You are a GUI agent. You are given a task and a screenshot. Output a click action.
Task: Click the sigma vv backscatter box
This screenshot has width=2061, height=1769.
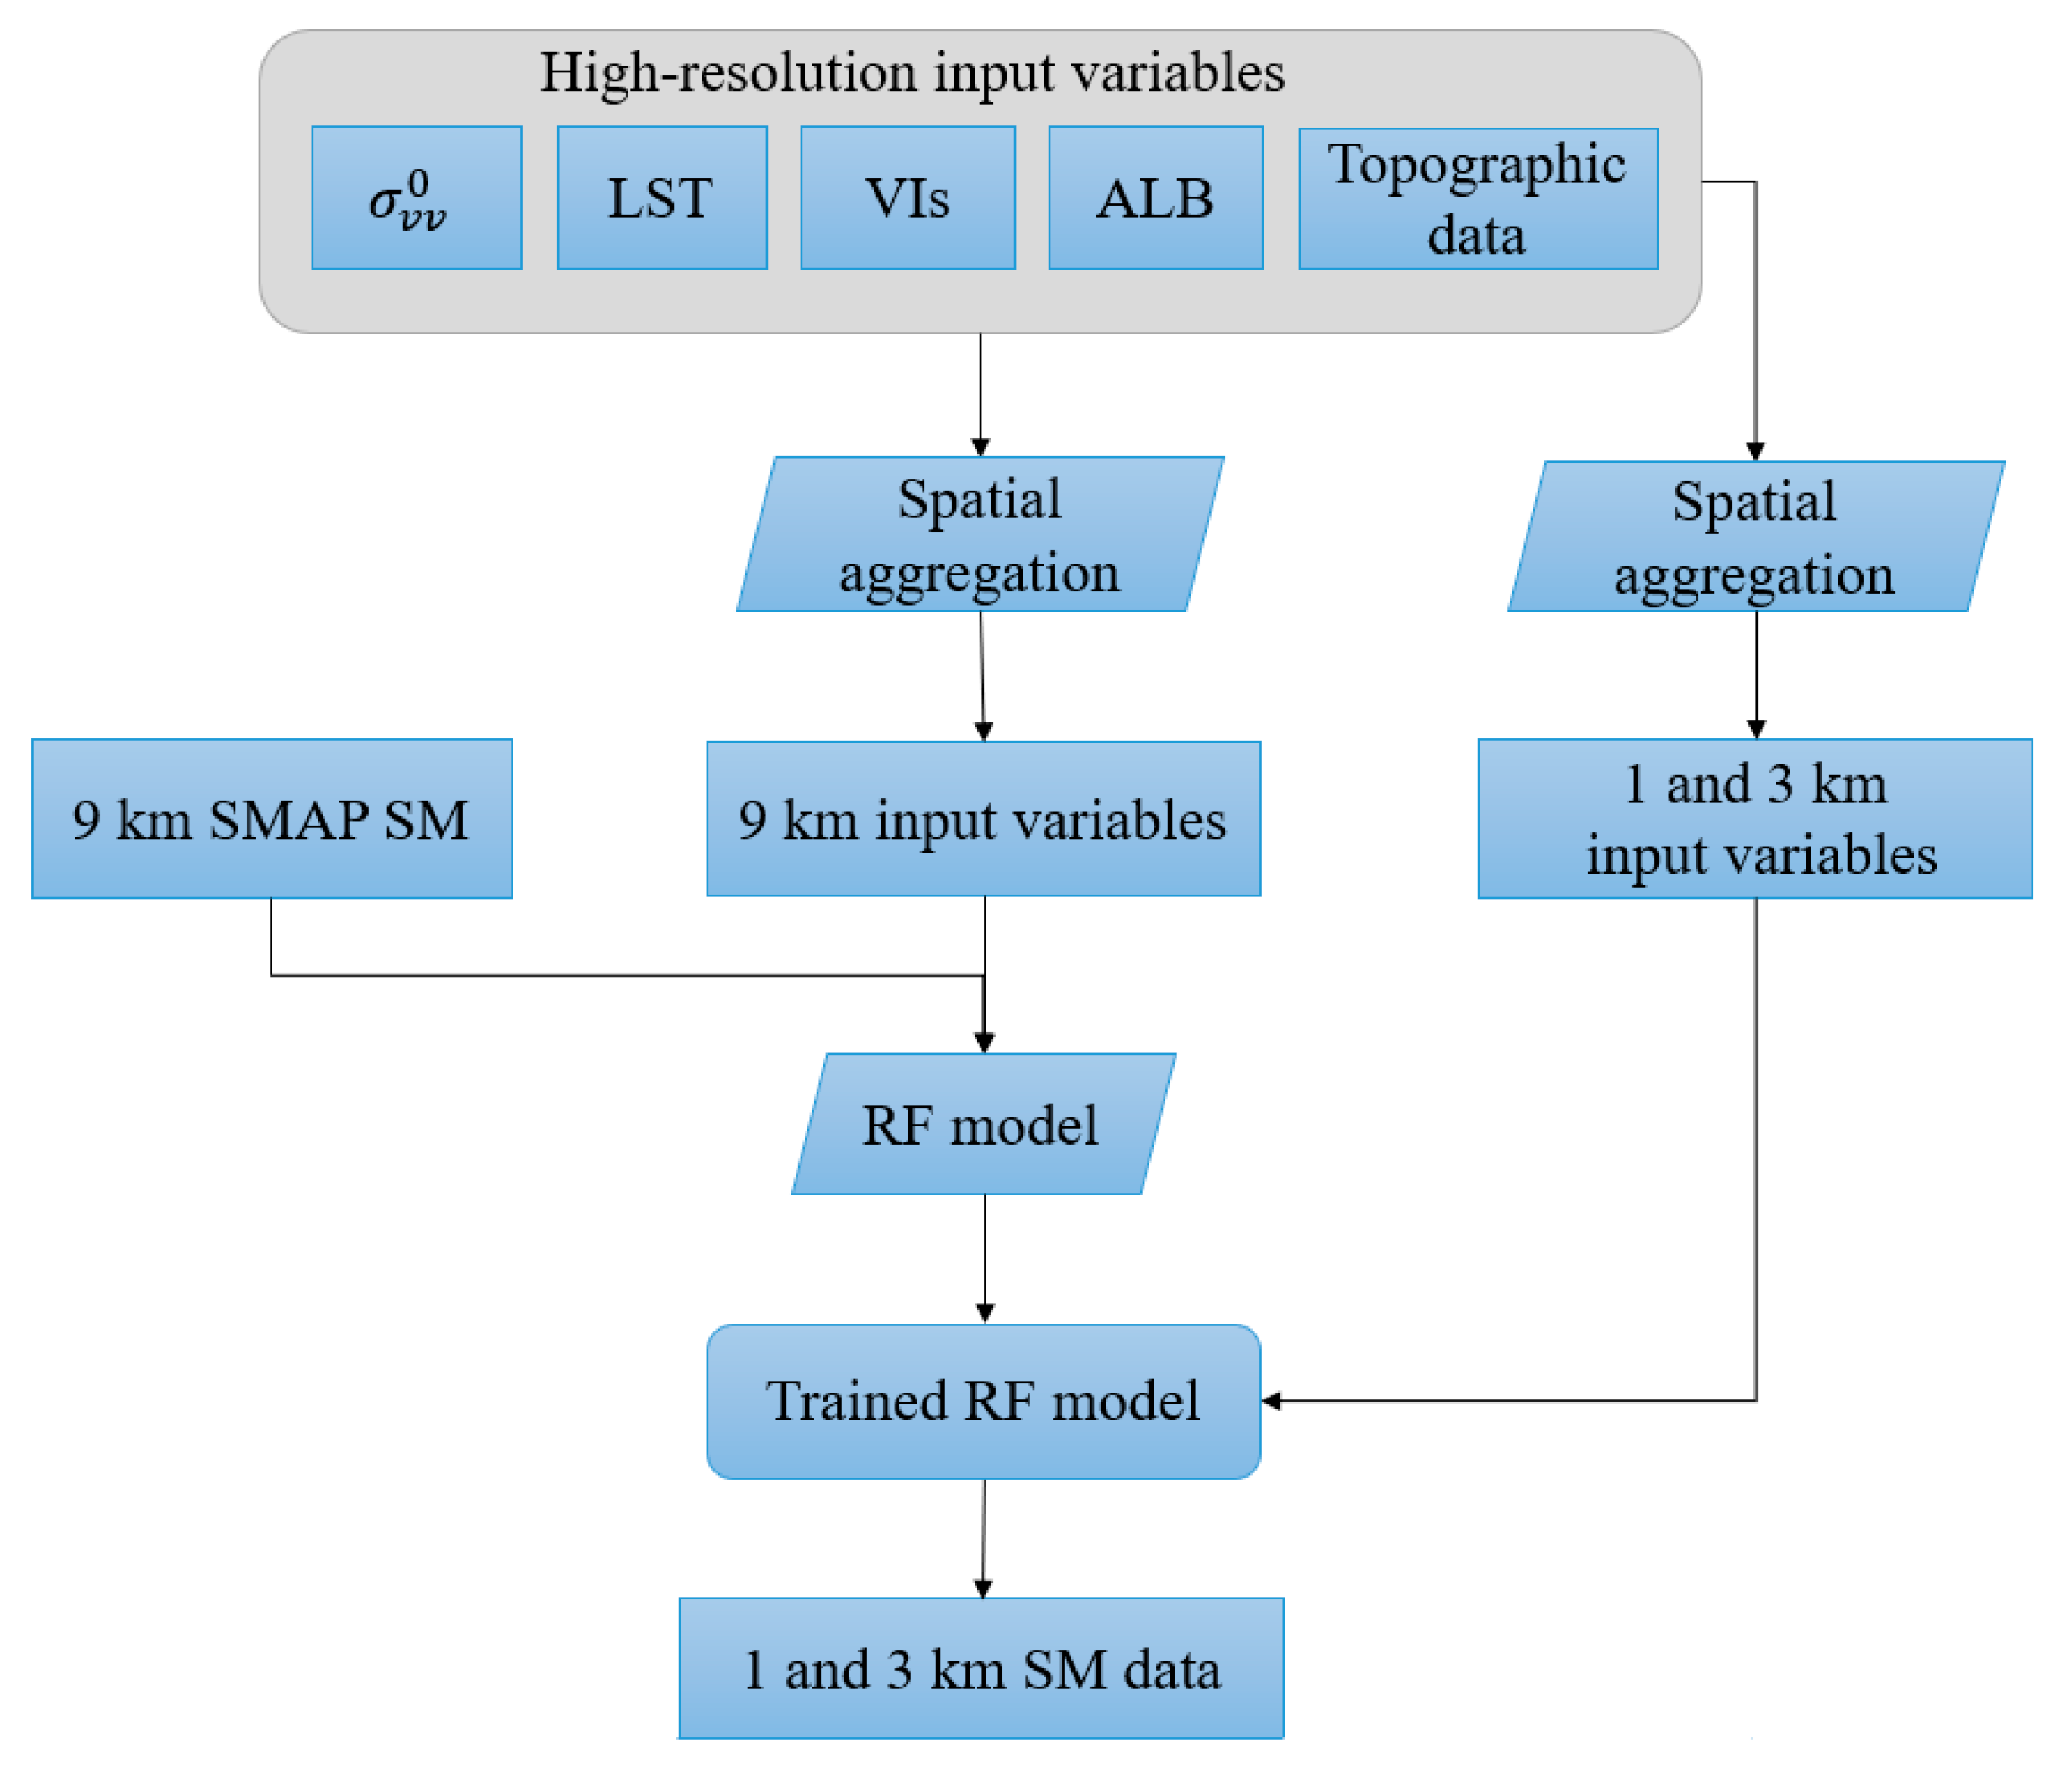(x=416, y=198)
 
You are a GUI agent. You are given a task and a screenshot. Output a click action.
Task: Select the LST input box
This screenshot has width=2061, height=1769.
(x=661, y=198)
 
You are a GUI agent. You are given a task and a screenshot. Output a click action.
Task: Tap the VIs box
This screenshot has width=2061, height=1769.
(x=907, y=198)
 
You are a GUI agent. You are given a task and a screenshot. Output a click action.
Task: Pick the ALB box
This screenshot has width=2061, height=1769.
(x=1154, y=198)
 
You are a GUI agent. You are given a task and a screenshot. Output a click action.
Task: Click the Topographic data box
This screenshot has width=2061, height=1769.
(x=1477, y=199)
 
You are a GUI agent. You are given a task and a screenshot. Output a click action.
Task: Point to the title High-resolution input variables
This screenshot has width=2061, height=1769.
(x=911, y=72)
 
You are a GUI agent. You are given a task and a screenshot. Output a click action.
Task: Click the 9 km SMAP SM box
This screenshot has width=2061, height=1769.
(x=271, y=818)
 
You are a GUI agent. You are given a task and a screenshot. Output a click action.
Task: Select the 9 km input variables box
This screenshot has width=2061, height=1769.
(x=983, y=818)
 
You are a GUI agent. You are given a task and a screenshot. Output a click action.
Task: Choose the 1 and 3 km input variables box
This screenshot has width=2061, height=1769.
(x=1753, y=818)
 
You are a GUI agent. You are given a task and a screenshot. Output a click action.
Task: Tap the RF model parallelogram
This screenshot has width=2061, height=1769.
(x=983, y=1125)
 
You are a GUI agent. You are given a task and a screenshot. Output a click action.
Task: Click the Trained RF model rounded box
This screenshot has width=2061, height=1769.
(x=983, y=1401)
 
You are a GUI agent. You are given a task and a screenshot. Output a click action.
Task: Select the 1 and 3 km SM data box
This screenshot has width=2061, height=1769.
(x=981, y=1668)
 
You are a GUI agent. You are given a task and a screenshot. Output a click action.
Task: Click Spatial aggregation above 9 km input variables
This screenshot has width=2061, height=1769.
(x=980, y=535)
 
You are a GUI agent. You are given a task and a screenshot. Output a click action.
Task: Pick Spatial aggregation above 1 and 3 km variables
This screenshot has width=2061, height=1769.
(x=1754, y=537)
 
